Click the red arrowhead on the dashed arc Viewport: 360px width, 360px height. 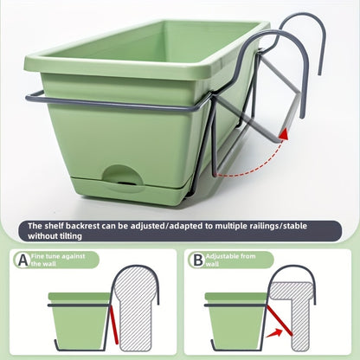[x=284, y=134]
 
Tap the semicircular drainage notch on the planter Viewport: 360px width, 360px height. [x=123, y=175]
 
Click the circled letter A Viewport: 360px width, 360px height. [x=22, y=260]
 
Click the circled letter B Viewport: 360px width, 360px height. [x=198, y=260]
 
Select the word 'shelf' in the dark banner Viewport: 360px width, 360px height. [x=55, y=226]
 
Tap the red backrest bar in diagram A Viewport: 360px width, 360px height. [x=113, y=325]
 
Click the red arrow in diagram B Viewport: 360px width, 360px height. [x=273, y=333]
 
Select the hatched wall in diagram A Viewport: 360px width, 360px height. [x=135, y=309]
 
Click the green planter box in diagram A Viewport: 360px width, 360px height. [x=80, y=321]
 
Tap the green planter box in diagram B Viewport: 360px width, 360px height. [x=236, y=321]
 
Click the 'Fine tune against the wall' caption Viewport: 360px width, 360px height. [x=58, y=260]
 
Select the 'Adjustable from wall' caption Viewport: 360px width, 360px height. [x=230, y=260]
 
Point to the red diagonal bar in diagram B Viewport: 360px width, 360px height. [x=280, y=320]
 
